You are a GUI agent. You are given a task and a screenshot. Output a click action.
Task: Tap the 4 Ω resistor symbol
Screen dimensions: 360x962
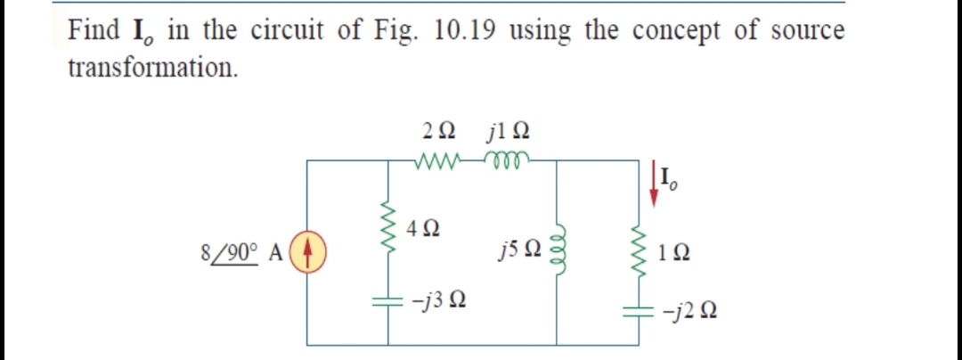pyautogui.click(x=387, y=237)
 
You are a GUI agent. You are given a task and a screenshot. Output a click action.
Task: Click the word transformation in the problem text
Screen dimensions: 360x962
pyautogui.click(x=152, y=68)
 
